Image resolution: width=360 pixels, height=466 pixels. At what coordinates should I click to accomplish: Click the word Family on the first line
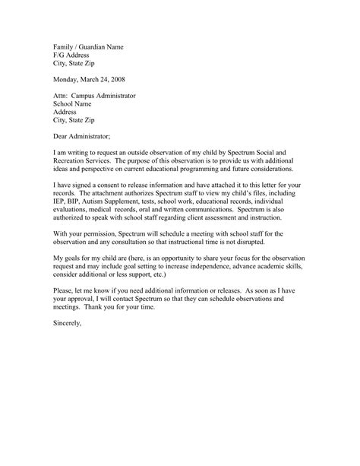point(65,46)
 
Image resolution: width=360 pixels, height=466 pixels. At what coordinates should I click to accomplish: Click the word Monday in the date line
point(67,79)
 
